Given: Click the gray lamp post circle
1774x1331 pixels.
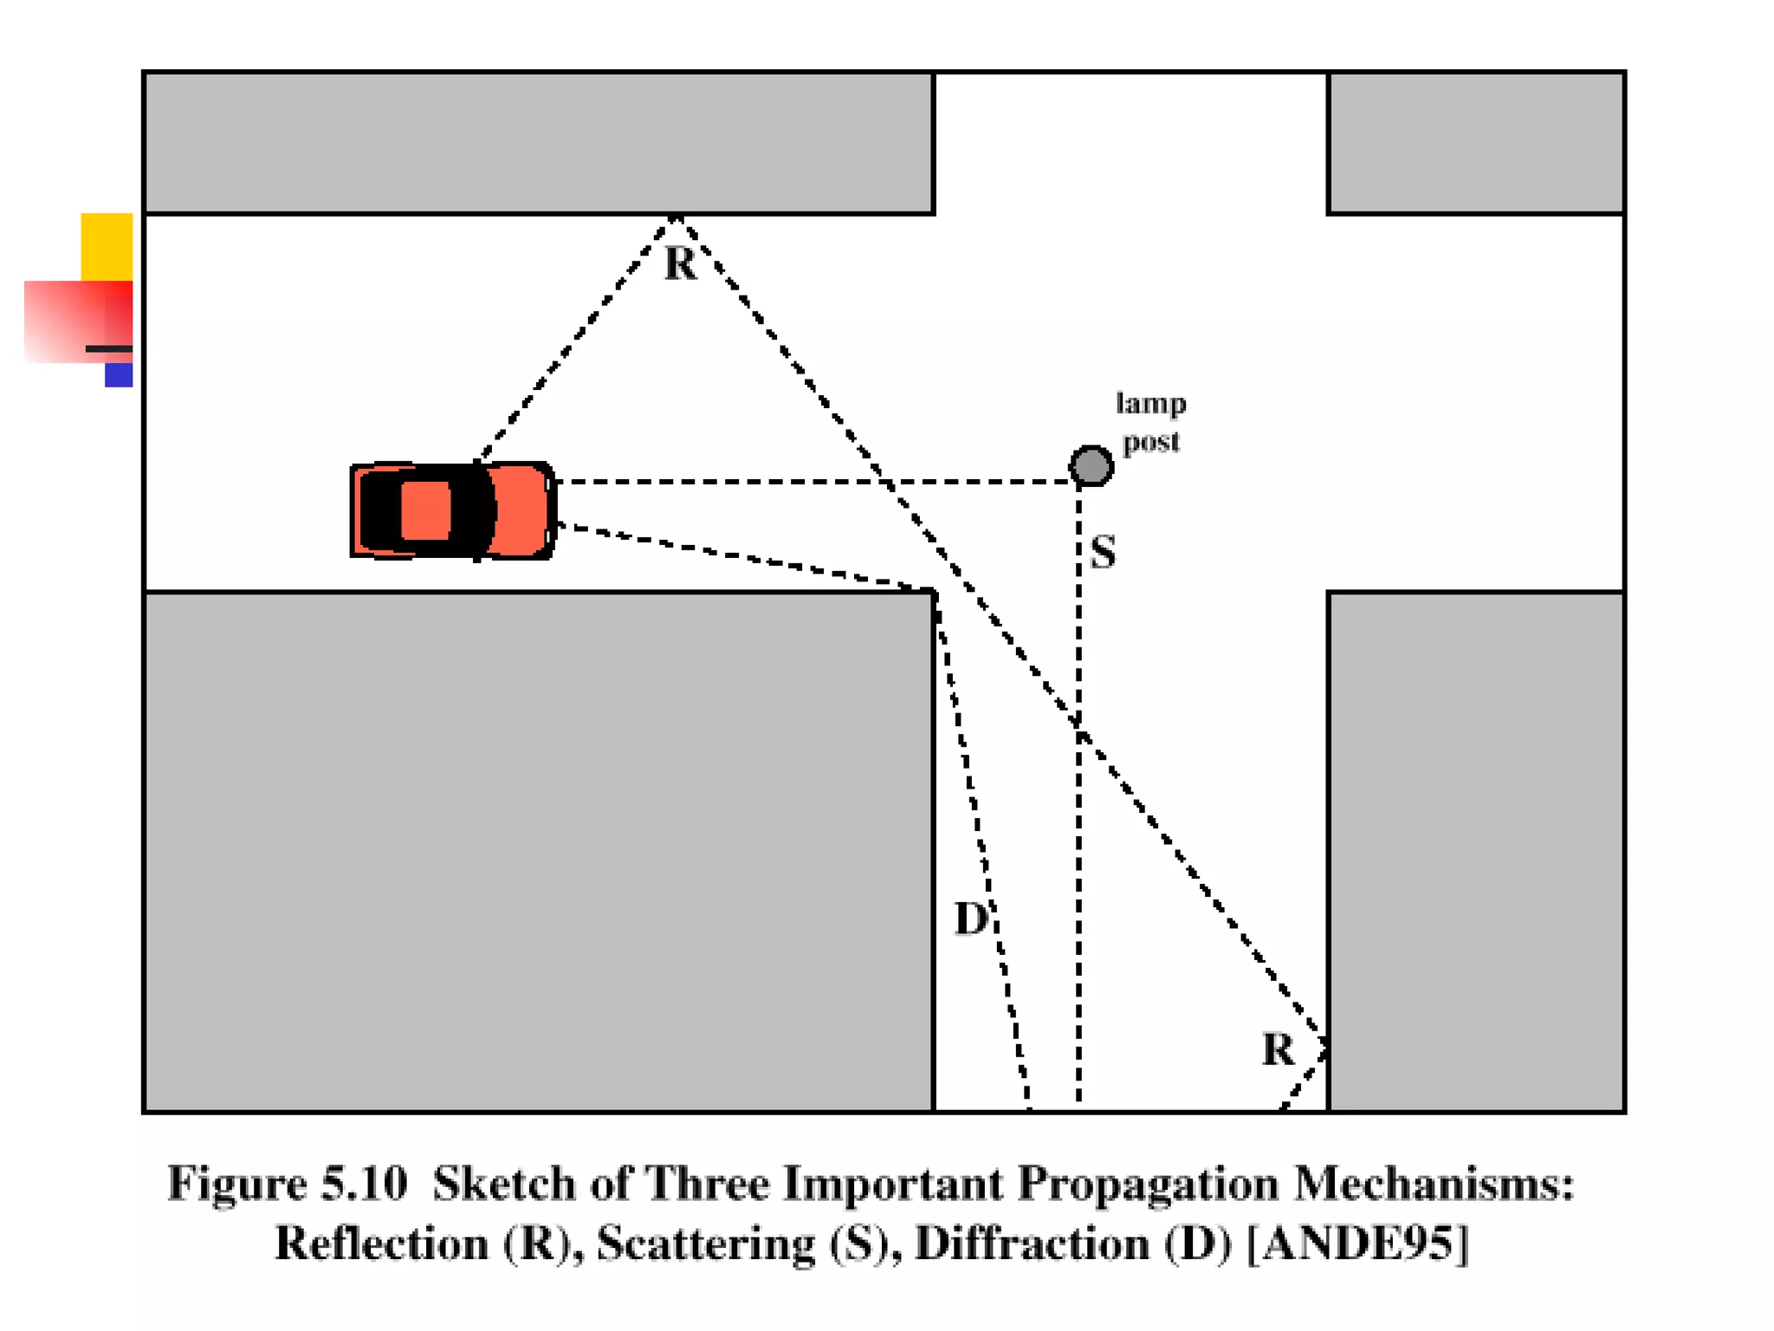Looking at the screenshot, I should (1091, 465).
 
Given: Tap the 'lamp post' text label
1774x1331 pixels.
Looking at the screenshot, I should (1150, 422).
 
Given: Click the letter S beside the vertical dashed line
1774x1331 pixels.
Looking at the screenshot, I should (1103, 552).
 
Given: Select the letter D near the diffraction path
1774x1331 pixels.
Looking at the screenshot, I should (970, 919).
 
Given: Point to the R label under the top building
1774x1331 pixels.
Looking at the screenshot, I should (680, 263).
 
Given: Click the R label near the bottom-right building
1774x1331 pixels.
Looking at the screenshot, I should (1278, 1049).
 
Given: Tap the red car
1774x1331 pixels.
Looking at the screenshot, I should (452, 510).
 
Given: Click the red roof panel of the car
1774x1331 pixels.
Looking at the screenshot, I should (426, 510).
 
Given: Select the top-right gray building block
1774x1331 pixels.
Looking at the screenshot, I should (1475, 143).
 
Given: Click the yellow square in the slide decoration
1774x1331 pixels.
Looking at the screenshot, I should (107, 246).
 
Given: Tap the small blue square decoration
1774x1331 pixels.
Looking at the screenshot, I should (119, 375).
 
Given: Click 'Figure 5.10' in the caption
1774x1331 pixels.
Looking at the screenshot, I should (287, 1184).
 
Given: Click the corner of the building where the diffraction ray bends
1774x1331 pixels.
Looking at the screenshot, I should (935, 593).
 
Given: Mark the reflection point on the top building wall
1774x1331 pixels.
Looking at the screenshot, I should (676, 215).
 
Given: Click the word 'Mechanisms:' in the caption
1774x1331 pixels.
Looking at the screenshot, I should (1434, 1184).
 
